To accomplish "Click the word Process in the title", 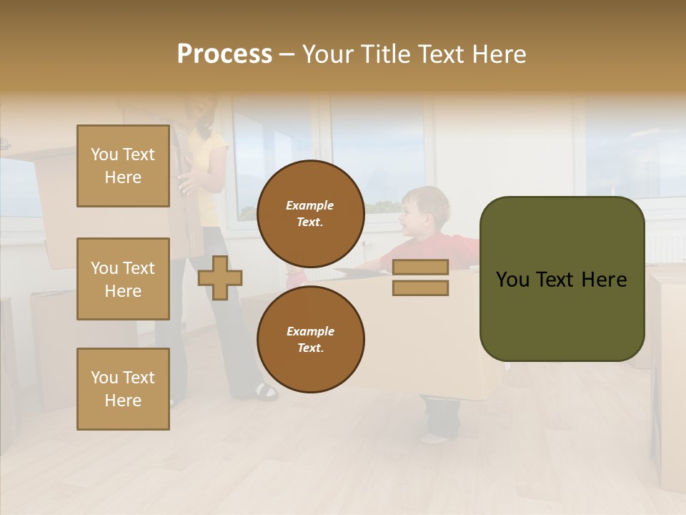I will (224, 54).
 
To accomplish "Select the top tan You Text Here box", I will (123, 166).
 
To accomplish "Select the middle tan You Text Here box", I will (123, 279).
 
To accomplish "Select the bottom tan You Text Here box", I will (123, 389).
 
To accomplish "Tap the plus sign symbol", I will (220, 278).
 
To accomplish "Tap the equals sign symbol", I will (420, 278).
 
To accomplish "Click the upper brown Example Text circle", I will (310, 213).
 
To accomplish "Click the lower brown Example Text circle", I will (310, 339).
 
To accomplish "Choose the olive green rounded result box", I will (562, 279).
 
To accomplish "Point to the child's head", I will (424, 211).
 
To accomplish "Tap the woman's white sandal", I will (266, 391).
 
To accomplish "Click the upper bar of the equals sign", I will (420, 267).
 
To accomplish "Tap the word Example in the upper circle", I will (310, 205).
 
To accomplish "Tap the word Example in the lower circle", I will (310, 331).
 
